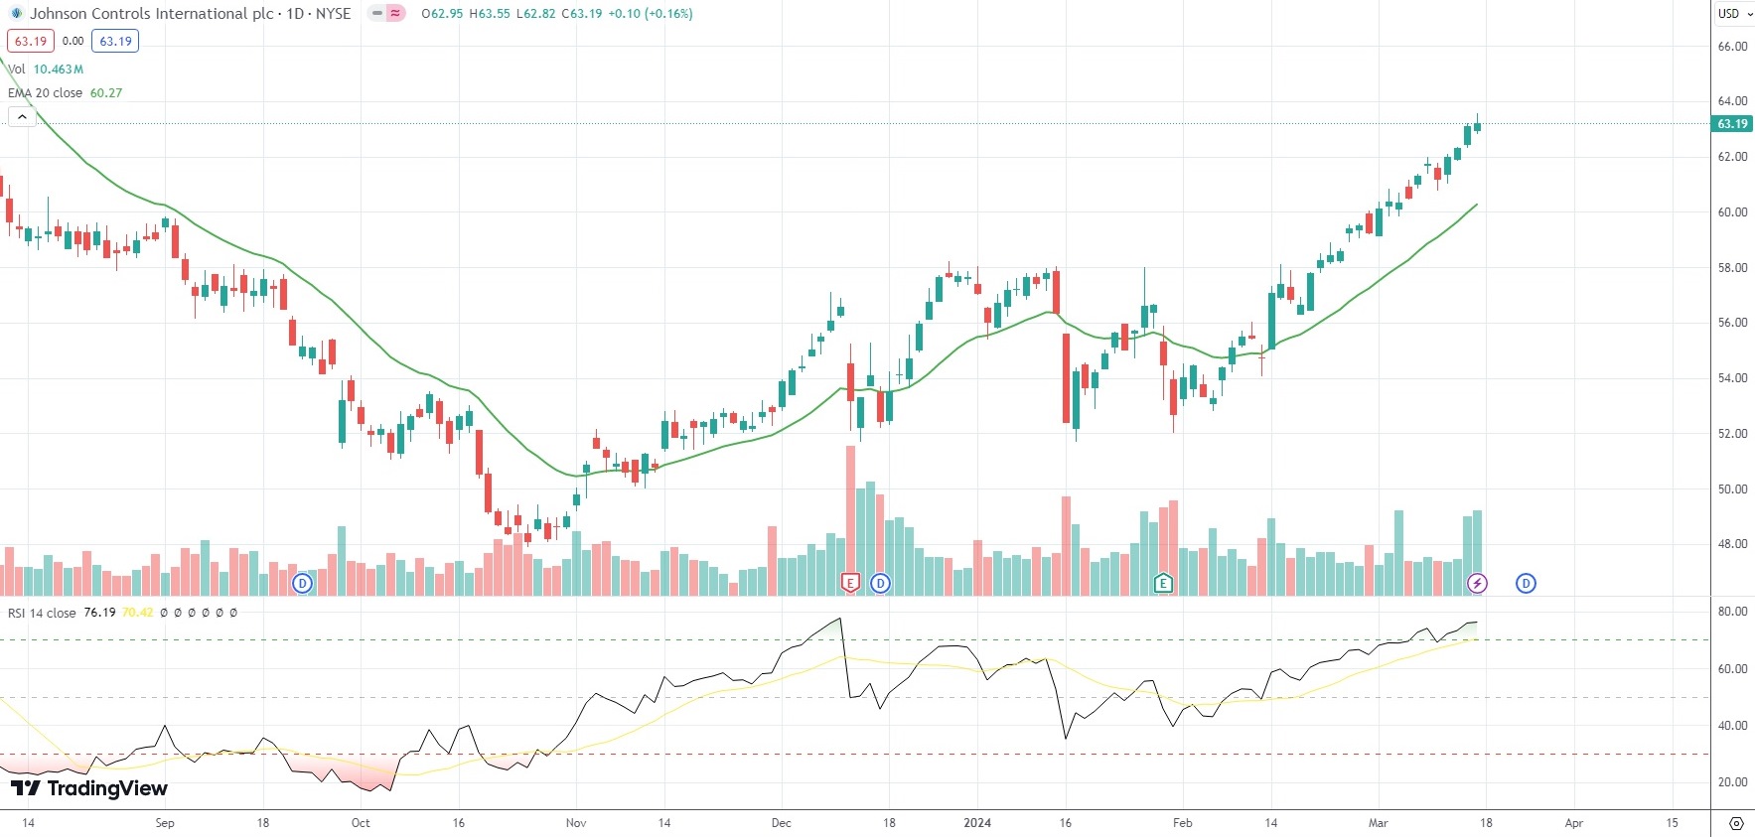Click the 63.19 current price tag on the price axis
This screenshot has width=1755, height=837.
tap(1732, 124)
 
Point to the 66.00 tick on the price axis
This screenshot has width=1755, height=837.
tap(1732, 47)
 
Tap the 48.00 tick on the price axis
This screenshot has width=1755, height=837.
tap(1732, 544)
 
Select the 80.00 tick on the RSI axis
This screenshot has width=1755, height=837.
tap(1732, 612)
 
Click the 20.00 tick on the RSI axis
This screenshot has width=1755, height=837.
tap(1732, 782)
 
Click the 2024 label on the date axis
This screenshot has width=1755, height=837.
tap(977, 823)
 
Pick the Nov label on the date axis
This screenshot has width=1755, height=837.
tap(576, 823)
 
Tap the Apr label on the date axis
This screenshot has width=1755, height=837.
tap(1574, 823)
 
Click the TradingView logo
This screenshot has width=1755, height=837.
tap(89, 788)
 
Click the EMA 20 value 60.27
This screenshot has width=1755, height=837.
tap(106, 93)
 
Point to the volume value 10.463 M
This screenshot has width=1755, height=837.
tap(59, 70)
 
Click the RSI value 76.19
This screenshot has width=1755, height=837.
tap(99, 613)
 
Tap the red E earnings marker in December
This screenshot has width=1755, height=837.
tap(850, 583)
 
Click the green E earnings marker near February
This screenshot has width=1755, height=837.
tap(1163, 583)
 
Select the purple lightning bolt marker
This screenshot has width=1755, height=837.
tap(1478, 583)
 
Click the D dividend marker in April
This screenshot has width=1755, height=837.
tap(1526, 583)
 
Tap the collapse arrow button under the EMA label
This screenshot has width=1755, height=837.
tap(22, 117)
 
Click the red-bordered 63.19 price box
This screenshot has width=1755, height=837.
tap(31, 42)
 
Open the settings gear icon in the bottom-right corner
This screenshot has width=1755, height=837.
tap(1736, 823)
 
